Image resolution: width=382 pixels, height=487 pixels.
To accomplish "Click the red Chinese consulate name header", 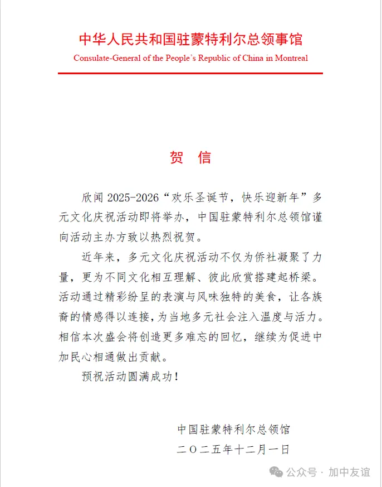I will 190,40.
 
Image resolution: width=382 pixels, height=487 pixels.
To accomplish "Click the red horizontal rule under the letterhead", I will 190,73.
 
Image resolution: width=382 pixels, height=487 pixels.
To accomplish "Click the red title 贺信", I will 190,157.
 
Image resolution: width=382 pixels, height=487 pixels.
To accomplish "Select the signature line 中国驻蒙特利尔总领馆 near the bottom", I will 233,430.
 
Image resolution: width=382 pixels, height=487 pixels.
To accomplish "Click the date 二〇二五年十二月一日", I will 233,449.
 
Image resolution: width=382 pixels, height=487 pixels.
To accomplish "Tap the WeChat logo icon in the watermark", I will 276,472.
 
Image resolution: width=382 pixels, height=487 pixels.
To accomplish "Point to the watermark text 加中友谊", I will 349,472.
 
